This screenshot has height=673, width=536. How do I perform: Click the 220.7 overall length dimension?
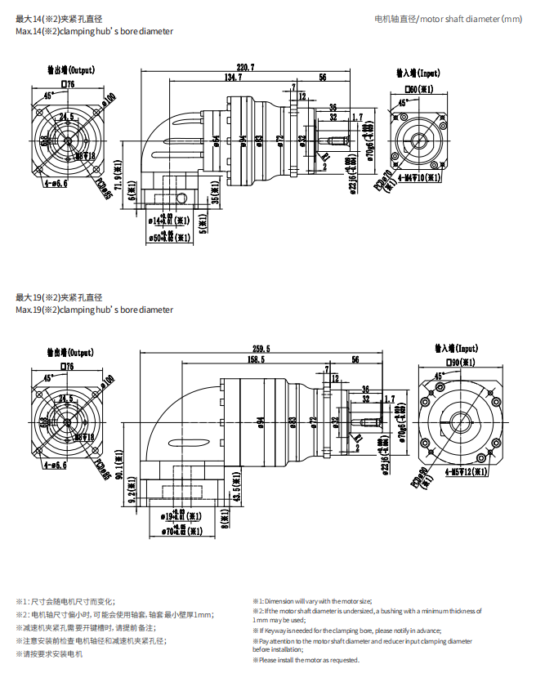tap(245, 67)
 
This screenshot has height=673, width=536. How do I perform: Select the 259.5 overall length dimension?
tap(261, 349)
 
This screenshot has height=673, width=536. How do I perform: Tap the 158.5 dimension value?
tap(256, 359)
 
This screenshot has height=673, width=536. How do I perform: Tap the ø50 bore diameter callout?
tap(172, 238)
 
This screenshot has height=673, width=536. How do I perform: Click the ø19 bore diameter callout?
tap(179, 515)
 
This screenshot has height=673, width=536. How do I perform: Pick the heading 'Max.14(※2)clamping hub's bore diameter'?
tap(94, 32)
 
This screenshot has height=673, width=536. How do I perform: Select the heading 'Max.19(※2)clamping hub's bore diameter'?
tap(94, 310)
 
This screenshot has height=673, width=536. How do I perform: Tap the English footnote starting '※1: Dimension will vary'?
tap(311, 600)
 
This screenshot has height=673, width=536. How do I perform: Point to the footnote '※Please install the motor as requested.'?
tap(306, 660)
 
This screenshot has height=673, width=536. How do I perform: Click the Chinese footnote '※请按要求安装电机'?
tap(49, 654)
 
